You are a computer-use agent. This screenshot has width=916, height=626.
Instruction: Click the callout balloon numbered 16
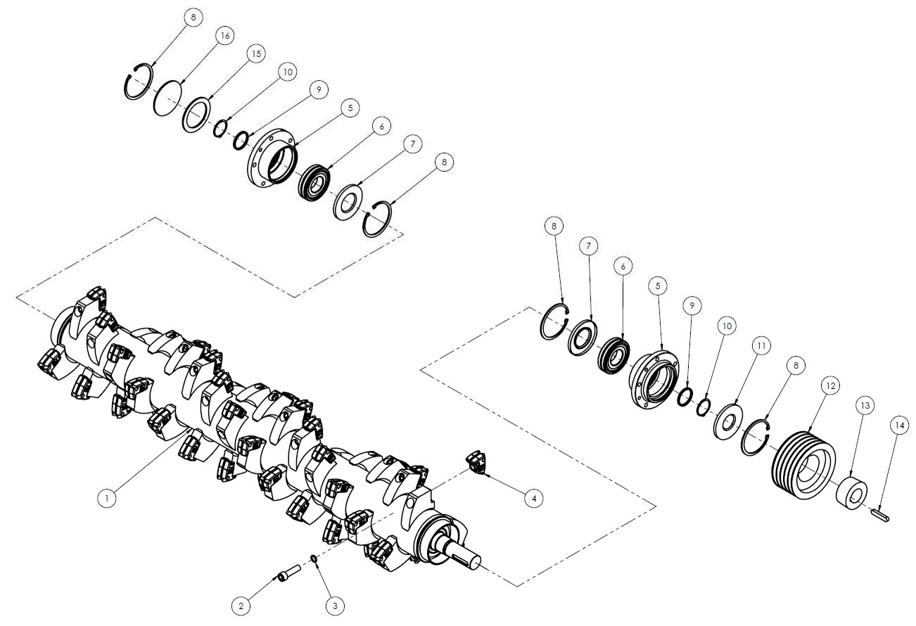pyautogui.click(x=225, y=36)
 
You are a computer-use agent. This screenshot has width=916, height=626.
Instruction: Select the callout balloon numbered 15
pyautogui.click(x=256, y=54)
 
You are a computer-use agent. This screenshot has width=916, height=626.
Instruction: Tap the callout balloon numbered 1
pyautogui.click(x=107, y=499)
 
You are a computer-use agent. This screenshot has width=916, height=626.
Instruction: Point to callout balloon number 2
pyautogui.click(x=241, y=606)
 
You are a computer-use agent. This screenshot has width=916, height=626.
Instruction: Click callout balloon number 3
pyautogui.click(x=336, y=606)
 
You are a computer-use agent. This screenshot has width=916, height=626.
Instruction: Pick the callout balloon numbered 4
pyautogui.click(x=534, y=499)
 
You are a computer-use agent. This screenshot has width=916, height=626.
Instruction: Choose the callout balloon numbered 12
pyautogui.click(x=831, y=385)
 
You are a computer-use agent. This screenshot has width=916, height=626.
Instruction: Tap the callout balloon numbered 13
pyautogui.click(x=865, y=406)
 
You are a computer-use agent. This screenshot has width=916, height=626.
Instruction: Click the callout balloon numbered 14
pyautogui.click(x=900, y=426)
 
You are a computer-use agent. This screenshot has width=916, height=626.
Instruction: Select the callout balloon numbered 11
pyautogui.click(x=761, y=346)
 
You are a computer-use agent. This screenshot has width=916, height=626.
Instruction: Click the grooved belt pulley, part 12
pyautogui.click(x=803, y=466)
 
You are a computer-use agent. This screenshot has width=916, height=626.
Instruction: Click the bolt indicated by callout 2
pyautogui.click(x=290, y=572)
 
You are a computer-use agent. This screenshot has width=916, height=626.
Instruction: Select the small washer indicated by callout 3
pyautogui.click(x=314, y=558)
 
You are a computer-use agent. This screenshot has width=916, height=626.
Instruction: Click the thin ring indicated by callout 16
pyautogui.click(x=155, y=98)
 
